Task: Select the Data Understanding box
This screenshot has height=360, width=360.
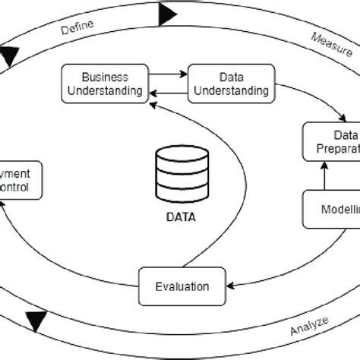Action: coord(229,84)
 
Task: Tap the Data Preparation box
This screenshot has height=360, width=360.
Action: coord(331,141)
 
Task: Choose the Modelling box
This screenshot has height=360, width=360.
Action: coord(331,209)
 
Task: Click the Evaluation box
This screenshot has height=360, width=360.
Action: coord(183,286)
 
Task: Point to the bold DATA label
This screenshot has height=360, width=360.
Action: coord(181,216)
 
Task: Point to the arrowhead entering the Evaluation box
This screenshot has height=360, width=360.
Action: coord(232,287)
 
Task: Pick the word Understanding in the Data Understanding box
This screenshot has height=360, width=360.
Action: coord(229,91)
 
